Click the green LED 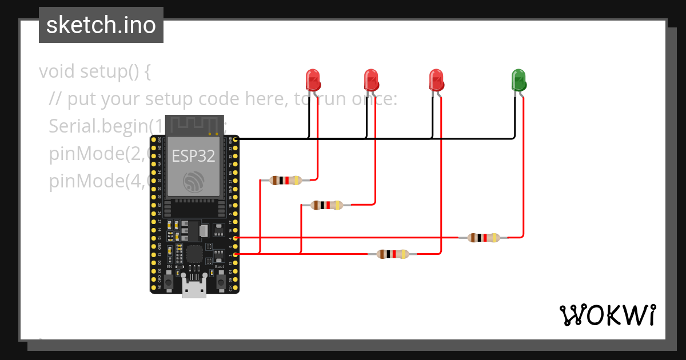coord(518,80)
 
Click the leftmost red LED coord(313,80)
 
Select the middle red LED coord(371,80)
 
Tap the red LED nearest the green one coord(436,80)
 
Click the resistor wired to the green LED coord(484,238)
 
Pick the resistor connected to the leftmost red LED coord(286,181)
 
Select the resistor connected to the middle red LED coord(327,205)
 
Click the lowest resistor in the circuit coord(393,254)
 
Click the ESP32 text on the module coord(193,156)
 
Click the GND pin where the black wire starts coord(236,139)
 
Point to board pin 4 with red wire coord(236,237)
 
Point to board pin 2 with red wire coord(236,254)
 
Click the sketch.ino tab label coord(101,25)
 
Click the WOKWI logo coord(607,315)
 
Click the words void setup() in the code coord(94,72)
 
